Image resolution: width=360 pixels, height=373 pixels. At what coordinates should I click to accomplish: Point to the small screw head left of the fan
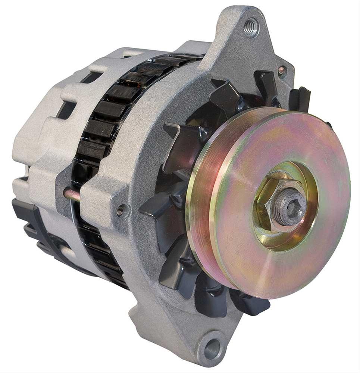tap(120, 211)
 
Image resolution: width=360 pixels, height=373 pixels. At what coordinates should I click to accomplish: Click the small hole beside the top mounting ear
tap(282, 70)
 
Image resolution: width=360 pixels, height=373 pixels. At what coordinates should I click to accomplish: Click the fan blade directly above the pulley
tap(225, 95)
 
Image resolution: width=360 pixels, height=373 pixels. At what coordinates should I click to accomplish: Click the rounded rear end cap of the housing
tap(34, 149)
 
